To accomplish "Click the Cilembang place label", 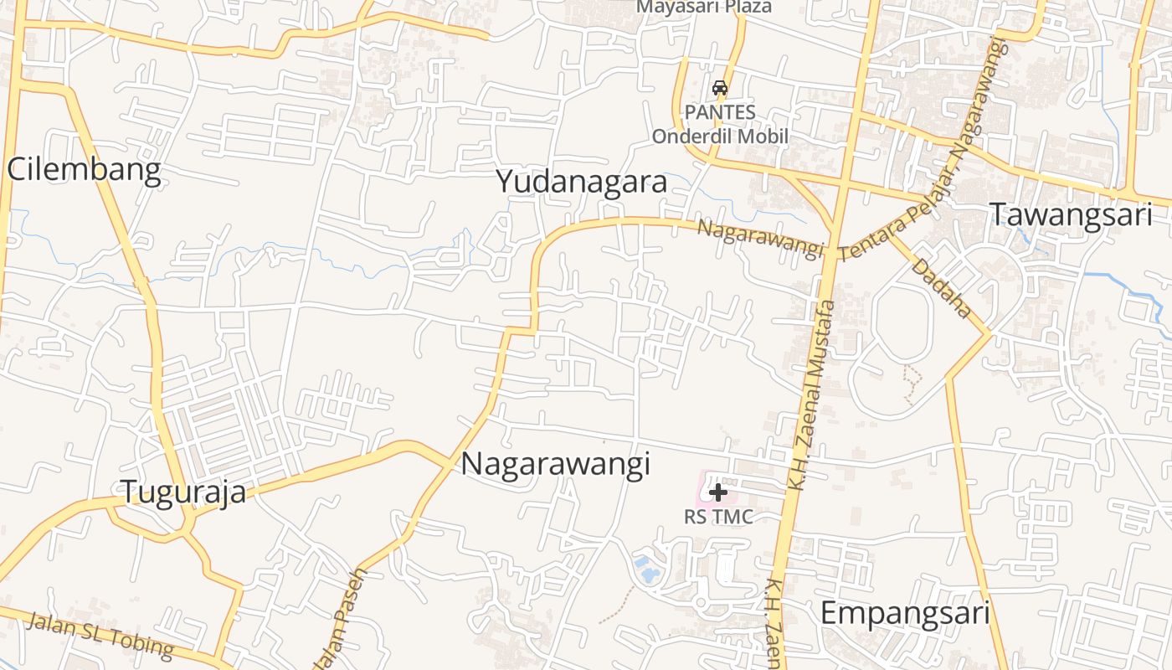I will click(x=84, y=170).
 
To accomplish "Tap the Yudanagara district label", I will click(x=582, y=181).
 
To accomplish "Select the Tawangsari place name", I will click(x=1072, y=214).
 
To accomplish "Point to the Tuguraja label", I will click(x=184, y=492).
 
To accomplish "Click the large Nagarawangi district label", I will click(x=556, y=463).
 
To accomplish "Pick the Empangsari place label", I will click(x=905, y=613).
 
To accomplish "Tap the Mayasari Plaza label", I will click(x=704, y=7).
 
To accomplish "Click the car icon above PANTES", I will click(x=719, y=88).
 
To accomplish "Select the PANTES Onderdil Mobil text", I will click(x=720, y=124).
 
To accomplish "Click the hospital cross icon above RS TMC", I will click(x=717, y=492).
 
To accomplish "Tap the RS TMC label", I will click(x=718, y=517).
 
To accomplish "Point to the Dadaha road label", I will click(x=942, y=287).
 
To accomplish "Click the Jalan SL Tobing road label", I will click(x=100, y=634).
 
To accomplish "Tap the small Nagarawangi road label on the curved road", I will click(x=760, y=240).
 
